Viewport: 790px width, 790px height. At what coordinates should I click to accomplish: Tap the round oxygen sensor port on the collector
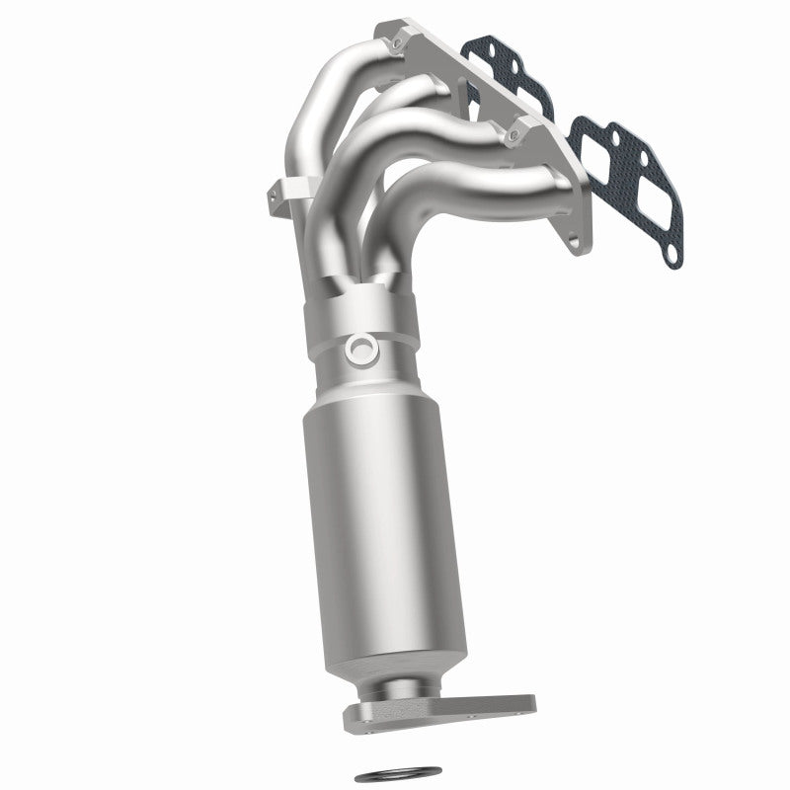pos(358,349)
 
